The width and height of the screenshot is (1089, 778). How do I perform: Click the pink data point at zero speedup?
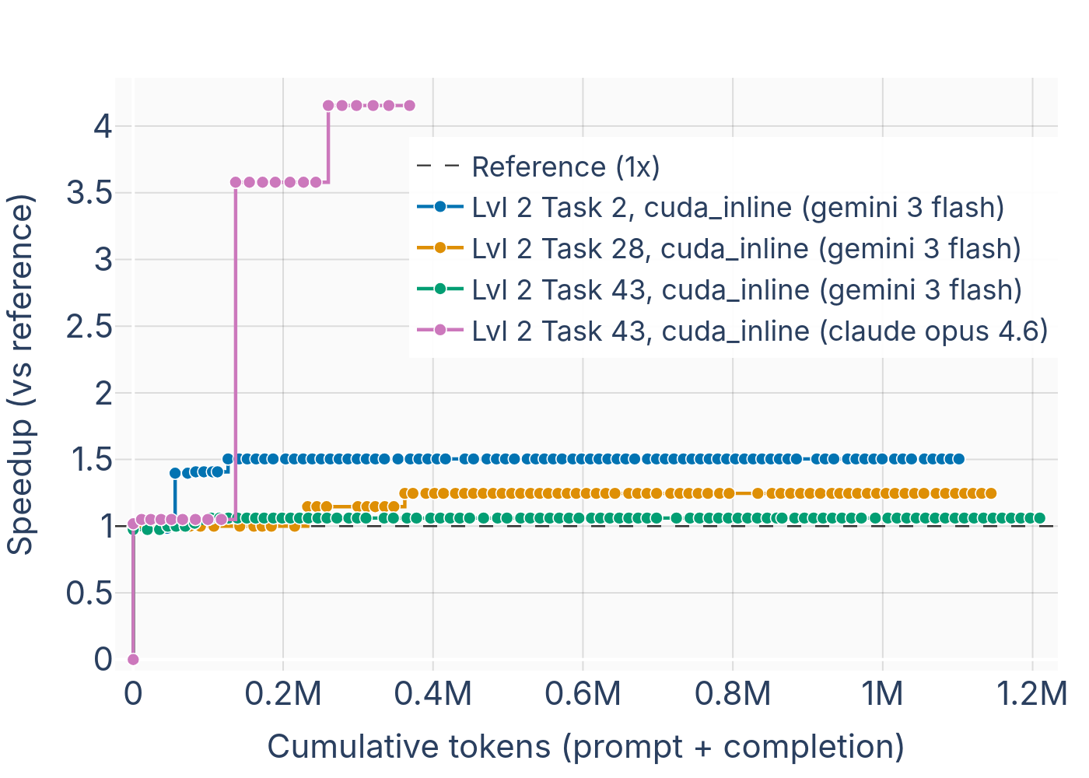133,660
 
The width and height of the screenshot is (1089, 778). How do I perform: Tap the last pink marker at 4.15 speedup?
409,106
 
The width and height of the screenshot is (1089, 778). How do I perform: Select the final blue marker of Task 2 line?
959,459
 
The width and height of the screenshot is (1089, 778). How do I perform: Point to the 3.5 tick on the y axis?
89,193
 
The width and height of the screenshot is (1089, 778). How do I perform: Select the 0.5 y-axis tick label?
89,594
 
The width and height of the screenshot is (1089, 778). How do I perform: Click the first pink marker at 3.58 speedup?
236,182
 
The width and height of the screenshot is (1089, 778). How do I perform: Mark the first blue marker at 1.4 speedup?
175,473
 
